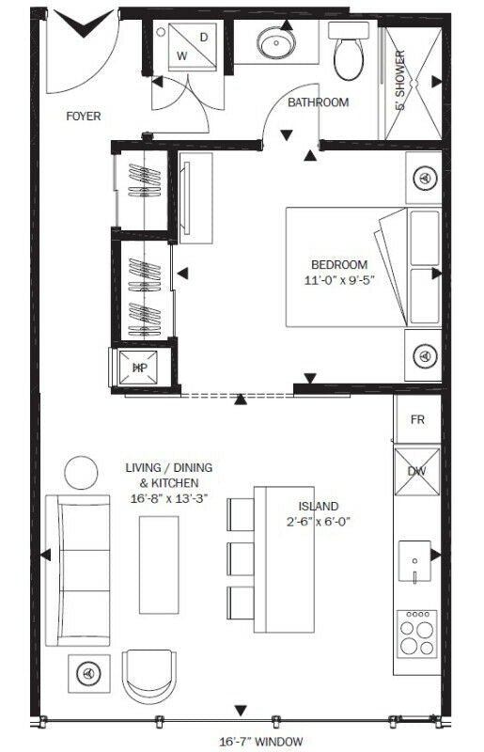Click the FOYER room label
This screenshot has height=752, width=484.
pyautogui.click(x=84, y=116)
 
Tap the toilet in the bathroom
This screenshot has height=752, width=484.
pyautogui.click(x=349, y=51)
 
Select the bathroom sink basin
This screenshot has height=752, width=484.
pyautogui.click(x=276, y=42)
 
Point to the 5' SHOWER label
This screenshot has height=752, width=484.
pyautogui.click(x=400, y=80)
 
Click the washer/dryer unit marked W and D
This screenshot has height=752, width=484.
pyautogui.click(x=193, y=46)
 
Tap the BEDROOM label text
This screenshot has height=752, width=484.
pyautogui.click(x=339, y=265)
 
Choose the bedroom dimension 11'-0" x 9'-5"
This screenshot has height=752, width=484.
pyautogui.click(x=339, y=280)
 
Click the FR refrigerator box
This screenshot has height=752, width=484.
pyautogui.click(x=417, y=419)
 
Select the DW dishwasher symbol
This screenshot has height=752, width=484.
pyautogui.click(x=417, y=472)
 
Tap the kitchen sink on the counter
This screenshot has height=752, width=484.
pyautogui.click(x=414, y=560)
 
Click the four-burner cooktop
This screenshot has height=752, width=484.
pyautogui.click(x=416, y=633)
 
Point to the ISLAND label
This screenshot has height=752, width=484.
pyautogui.click(x=319, y=507)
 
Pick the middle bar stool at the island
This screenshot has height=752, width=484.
pyautogui.click(x=241, y=558)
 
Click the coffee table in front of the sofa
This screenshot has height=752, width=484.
pyautogui.click(x=159, y=565)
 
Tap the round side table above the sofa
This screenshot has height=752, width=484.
pyautogui.click(x=81, y=473)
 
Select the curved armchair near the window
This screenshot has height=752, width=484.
pyautogui.click(x=148, y=676)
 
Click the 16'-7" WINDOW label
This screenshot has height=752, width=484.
pyautogui.click(x=261, y=742)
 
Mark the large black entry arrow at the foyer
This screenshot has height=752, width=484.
pyautogui.click(x=84, y=23)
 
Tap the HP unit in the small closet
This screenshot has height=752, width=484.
pyautogui.click(x=139, y=368)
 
